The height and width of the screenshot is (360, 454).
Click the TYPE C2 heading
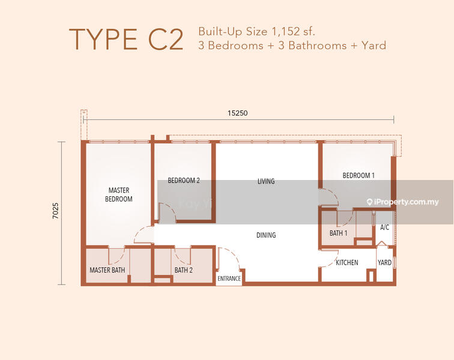[x=126, y=40]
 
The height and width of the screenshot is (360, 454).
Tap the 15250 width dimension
[x=237, y=113]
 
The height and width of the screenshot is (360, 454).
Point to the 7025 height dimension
[x=56, y=211]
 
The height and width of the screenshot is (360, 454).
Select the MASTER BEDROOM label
[x=119, y=194]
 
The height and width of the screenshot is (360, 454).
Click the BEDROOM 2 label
[x=184, y=181]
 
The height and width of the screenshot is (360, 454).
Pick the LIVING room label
[x=266, y=181]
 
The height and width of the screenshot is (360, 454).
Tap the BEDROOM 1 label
[x=359, y=175]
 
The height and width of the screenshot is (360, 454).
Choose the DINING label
[x=266, y=235]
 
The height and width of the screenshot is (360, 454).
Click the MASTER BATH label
[x=107, y=270]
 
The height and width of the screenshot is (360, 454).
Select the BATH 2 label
[x=183, y=270]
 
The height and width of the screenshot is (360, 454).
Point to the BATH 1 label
[x=338, y=233]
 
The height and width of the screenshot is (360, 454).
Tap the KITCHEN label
[x=347, y=262]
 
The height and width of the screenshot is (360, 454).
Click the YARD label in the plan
[x=384, y=262]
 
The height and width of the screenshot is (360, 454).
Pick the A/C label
[x=384, y=227]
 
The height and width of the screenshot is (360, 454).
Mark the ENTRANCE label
[x=229, y=278]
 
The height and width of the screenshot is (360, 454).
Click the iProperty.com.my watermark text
[x=403, y=202]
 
